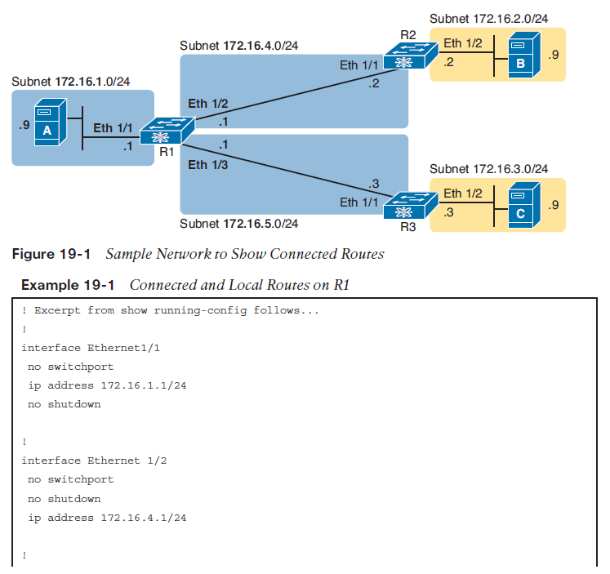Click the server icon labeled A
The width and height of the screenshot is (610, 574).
50,122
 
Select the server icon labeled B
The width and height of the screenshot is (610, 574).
524,55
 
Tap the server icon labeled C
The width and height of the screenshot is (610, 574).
524,205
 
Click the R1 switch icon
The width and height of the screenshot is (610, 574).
167,131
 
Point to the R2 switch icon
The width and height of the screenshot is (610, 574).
411,56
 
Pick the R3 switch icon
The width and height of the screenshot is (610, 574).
411,205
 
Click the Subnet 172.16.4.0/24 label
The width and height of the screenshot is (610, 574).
239,46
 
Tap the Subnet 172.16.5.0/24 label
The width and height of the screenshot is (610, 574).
239,224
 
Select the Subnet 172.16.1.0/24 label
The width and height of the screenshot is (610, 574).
71,82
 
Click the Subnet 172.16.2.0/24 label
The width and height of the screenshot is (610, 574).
488,19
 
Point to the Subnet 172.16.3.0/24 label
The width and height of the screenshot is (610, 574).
488,169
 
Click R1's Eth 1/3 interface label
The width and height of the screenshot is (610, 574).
208,165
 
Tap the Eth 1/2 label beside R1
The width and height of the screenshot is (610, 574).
208,104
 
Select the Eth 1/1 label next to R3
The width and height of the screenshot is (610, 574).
359,202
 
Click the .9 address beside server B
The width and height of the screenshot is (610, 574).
554,55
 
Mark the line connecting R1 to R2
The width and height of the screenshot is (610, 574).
296,95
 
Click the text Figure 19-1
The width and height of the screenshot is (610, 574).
51,254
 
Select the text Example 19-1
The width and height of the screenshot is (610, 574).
68,285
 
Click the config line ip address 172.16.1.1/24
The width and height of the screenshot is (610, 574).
107,385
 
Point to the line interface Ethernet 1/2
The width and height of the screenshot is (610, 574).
94,461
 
